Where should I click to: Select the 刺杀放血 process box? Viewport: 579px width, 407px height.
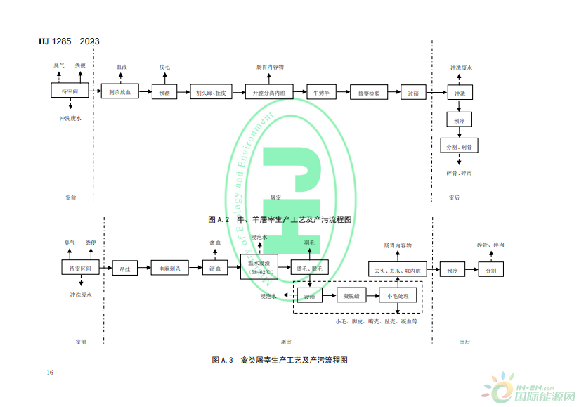click(x=120, y=91)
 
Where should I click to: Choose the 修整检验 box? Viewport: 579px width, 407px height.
click(x=369, y=93)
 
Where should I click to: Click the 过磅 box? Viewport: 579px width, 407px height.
click(x=412, y=93)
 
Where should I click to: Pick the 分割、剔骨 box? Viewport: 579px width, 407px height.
click(x=458, y=146)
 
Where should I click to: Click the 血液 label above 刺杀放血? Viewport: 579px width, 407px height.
click(x=122, y=67)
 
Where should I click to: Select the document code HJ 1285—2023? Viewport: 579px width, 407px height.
click(x=69, y=41)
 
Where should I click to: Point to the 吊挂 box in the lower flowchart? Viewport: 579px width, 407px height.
click(x=126, y=269)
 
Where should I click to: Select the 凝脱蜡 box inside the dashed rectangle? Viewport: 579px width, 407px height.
click(x=352, y=295)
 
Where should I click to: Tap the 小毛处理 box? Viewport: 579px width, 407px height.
click(x=398, y=295)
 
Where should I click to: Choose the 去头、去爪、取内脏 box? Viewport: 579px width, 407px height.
click(x=397, y=269)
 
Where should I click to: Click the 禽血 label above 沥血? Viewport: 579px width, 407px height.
click(x=215, y=243)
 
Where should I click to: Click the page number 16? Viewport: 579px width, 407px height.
click(x=50, y=371)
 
